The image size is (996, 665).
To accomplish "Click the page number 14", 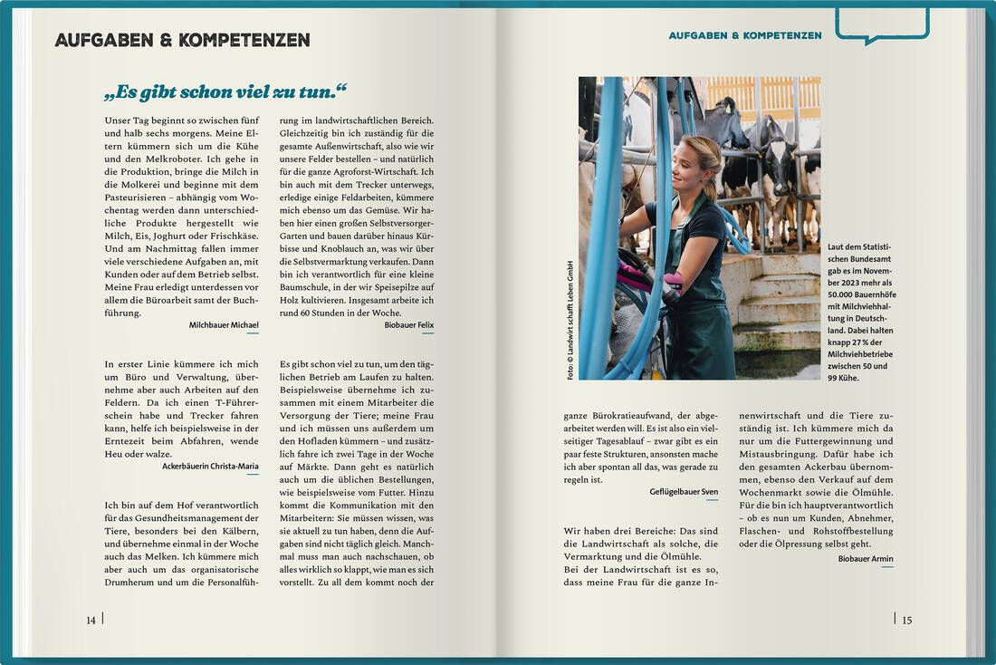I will tap(91, 621).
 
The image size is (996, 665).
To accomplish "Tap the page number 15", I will tap(906, 621).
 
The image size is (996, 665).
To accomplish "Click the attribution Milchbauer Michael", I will tap(224, 324).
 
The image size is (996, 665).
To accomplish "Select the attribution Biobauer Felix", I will tap(408, 324).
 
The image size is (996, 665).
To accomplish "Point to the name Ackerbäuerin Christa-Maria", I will tap(210, 466).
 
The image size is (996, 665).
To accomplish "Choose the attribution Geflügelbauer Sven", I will tap(684, 492).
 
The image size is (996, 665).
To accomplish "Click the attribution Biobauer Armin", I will tap(866, 559).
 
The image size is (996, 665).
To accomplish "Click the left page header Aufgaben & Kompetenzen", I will tap(182, 40).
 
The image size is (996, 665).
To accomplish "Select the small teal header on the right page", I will tap(745, 35).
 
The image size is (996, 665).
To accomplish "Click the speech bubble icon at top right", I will tap(882, 24).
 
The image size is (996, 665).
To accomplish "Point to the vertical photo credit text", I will tap(570, 322).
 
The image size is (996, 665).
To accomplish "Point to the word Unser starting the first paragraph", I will tap(119, 120).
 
